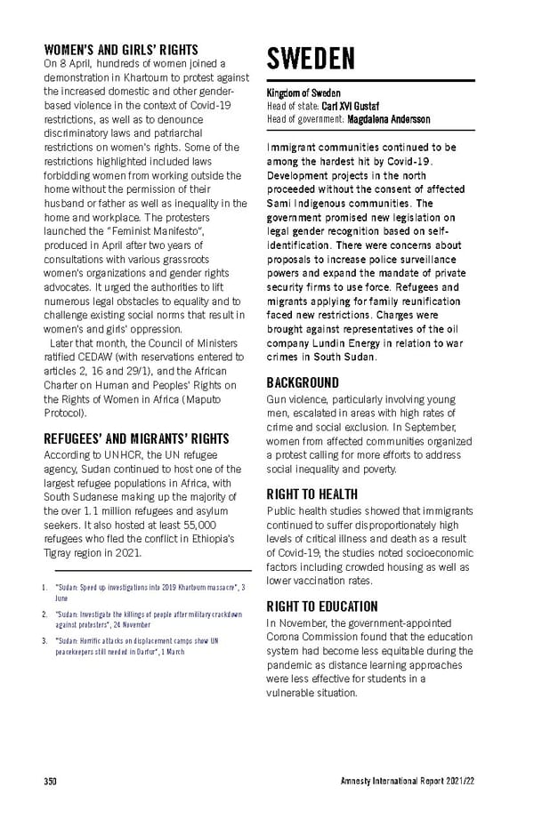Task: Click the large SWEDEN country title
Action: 311,60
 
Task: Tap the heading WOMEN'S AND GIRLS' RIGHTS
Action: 121,50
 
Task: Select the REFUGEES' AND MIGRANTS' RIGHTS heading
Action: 136,438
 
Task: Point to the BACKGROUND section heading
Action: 303,382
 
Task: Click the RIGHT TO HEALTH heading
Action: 311,494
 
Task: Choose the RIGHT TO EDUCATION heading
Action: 322,606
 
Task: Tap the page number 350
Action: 51,782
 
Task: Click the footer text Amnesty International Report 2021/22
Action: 408,782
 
